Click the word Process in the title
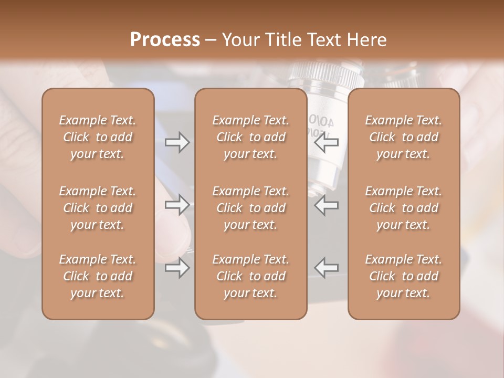[x=165, y=40]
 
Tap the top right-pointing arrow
[x=177, y=142]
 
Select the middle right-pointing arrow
[x=177, y=205]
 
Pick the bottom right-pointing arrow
[x=177, y=268]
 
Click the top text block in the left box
[x=98, y=137]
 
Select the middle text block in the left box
[x=98, y=208]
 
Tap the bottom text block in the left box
[x=98, y=276]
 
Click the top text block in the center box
[x=250, y=137]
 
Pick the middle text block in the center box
[x=250, y=208]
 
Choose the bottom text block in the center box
[x=250, y=276]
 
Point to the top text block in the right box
[x=403, y=137]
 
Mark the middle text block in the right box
[x=403, y=208]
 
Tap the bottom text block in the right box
[x=403, y=276]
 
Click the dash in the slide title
[x=211, y=40]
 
